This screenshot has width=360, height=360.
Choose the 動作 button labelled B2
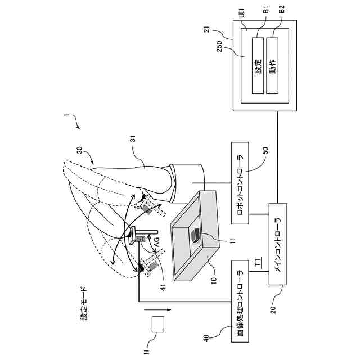273,66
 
